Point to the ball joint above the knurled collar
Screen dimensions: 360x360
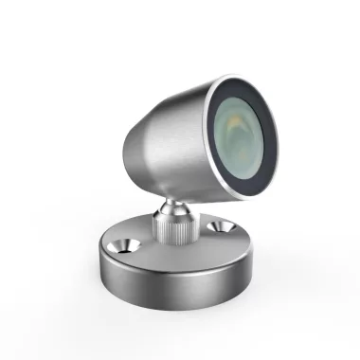tap(171, 206)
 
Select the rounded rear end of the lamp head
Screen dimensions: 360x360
tap(129, 152)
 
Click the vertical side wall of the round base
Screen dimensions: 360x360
tap(180, 284)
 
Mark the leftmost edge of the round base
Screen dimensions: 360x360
tap(98, 261)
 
